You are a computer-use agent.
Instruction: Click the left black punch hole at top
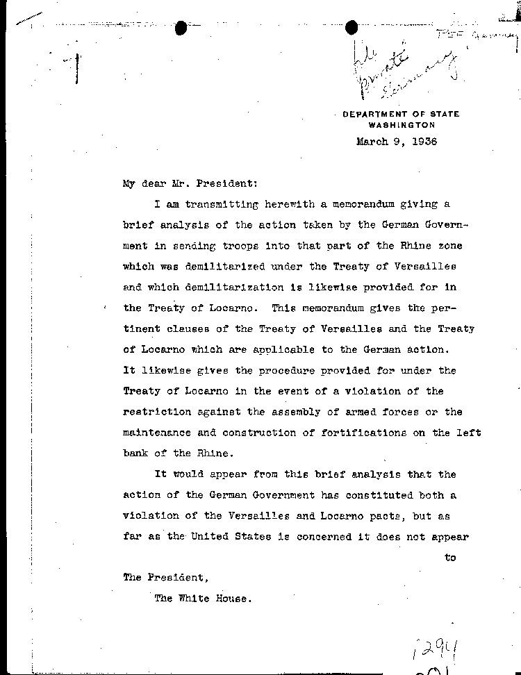pyautogui.click(x=182, y=28)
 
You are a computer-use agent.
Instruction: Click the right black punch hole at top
pyautogui.click(x=352, y=28)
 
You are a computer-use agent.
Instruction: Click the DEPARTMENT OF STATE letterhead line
pyautogui.click(x=401, y=115)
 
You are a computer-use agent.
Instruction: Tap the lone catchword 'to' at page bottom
pyautogui.click(x=450, y=558)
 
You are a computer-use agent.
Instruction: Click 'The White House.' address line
pyautogui.click(x=201, y=599)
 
